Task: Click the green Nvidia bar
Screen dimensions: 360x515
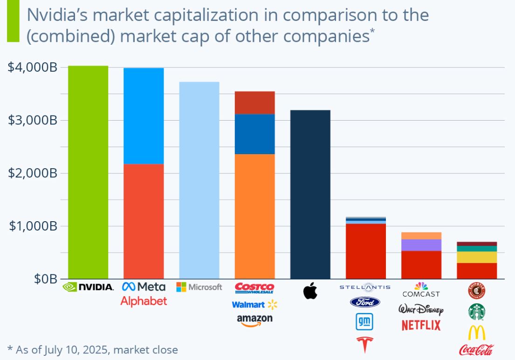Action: (88, 172)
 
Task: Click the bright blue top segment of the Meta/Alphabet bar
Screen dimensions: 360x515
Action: (144, 116)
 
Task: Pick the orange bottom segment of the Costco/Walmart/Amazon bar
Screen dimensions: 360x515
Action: (254, 216)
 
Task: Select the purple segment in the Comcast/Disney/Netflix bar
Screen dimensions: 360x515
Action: (421, 245)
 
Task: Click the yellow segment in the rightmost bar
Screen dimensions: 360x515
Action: (476, 257)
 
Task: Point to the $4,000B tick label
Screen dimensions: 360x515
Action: (33, 68)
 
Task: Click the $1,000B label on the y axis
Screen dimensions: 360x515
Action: (33, 226)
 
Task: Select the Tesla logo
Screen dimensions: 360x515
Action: (365, 345)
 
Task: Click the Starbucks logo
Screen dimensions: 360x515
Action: (476, 312)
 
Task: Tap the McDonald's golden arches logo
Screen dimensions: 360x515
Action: (476, 333)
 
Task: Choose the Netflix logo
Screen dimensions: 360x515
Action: (421, 325)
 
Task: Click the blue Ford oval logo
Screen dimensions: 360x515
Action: (365, 302)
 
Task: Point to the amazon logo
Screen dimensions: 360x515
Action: (254, 320)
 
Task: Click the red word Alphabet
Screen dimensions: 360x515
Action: (144, 301)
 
